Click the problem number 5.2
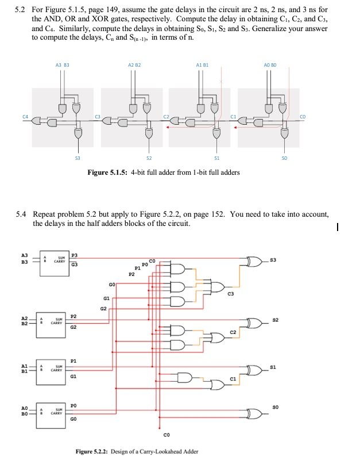[21, 10]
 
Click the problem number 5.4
[21, 214]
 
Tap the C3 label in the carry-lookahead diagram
[230, 295]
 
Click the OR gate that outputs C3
[219, 285]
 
